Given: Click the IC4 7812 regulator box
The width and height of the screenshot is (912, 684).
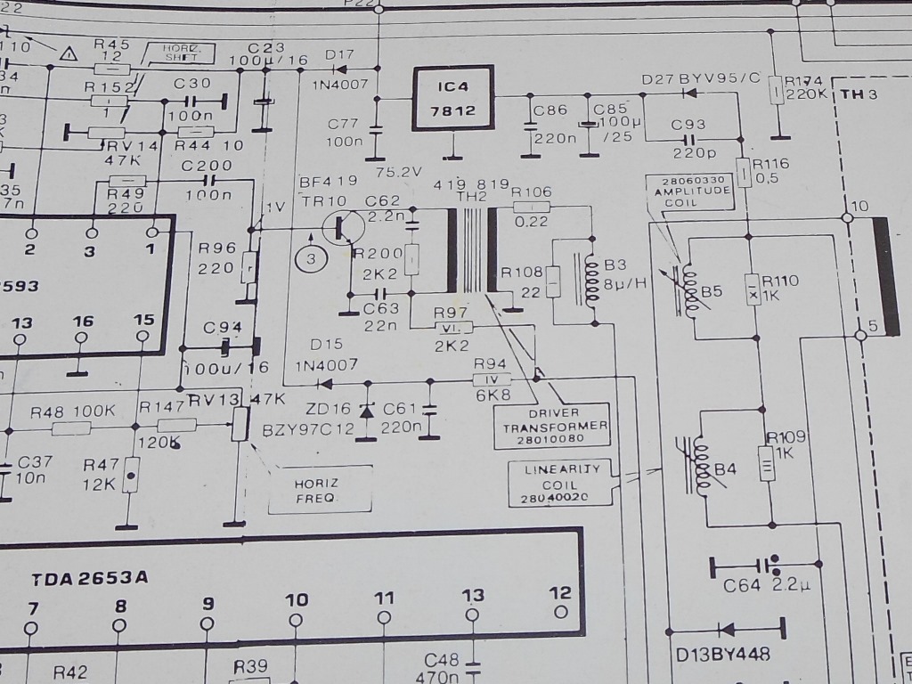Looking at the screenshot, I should [453, 98].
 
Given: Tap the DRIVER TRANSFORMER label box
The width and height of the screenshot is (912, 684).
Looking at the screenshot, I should [553, 425].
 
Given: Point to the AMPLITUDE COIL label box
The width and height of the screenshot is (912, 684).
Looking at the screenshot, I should [690, 191].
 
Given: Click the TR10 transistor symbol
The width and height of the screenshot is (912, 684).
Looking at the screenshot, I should [339, 226].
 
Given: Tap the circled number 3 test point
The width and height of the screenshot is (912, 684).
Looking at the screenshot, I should [312, 258].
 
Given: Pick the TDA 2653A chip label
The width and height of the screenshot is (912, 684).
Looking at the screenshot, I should [90, 578].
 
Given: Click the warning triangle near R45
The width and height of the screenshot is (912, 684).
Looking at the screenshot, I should [68, 53].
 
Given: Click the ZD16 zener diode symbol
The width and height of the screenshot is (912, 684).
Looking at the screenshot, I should [367, 411].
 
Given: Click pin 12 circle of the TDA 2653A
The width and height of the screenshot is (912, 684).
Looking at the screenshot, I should [560, 612].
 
